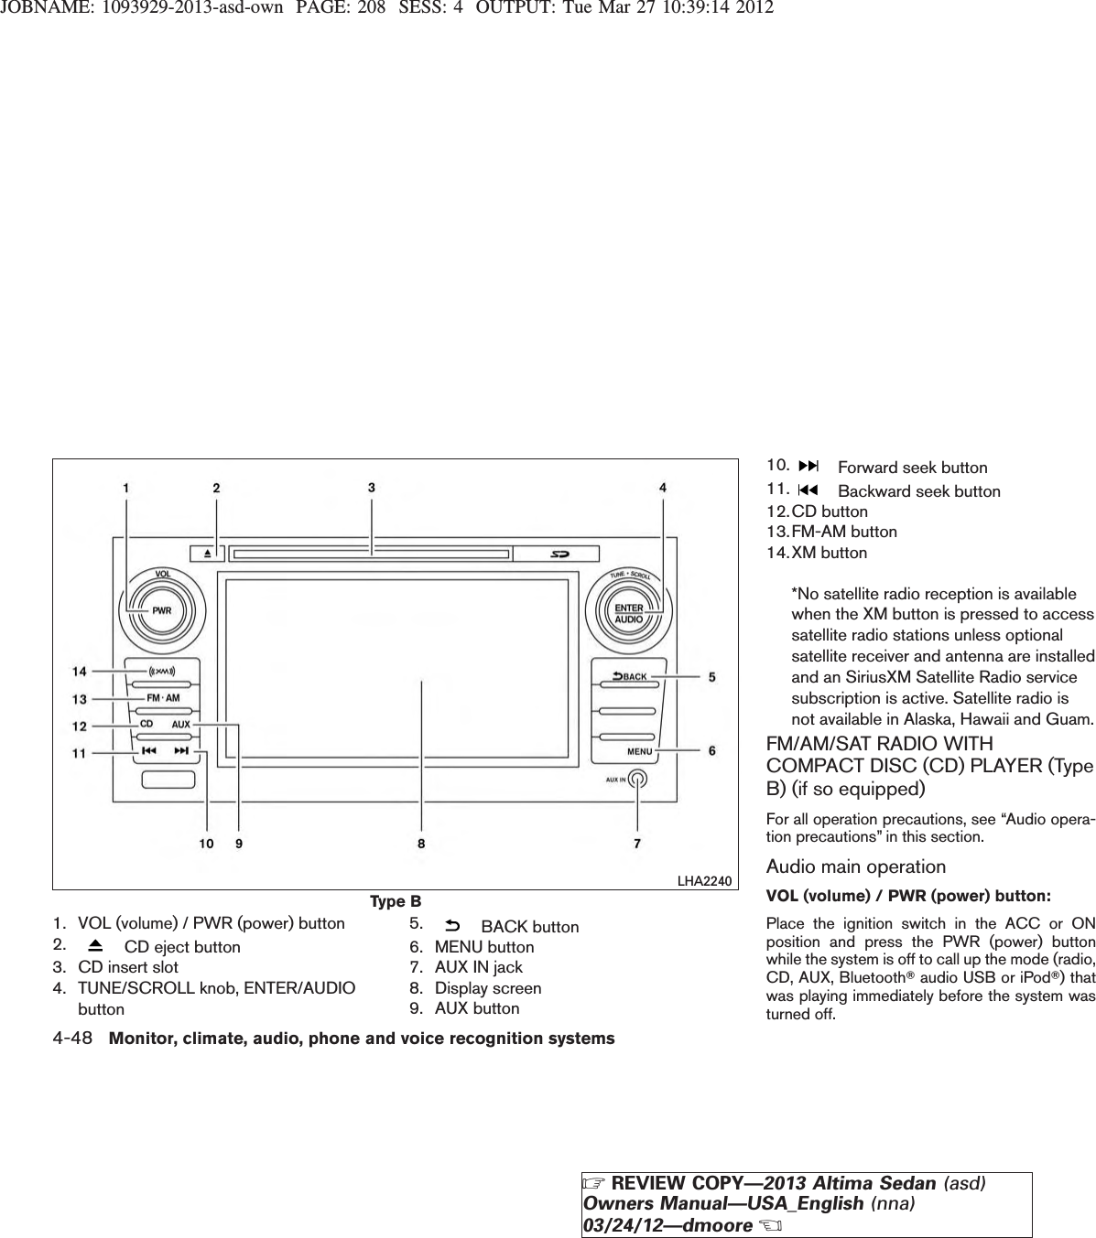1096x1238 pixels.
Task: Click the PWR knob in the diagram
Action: pyautogui.click(x=161, y=610)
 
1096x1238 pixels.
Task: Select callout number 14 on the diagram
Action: pyautogui.click(x=81, y=672)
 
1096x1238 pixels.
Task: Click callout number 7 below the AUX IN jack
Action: pyautogui.click(x=637, y=844)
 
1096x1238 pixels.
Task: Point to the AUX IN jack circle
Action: pyautogui.click(x=639, y=779)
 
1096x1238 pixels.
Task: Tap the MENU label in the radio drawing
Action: pyautogui.click(x=639, y=751)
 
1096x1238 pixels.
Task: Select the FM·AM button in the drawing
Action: pyautogui.click(x=163, y=698)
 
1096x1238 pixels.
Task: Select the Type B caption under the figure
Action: pyautogui.click(x=396, y=902)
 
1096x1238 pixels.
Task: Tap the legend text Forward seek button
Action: pyautogui.click(x=912, y=468)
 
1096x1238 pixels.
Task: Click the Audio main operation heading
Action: pyautogui.click(x=855, y=867)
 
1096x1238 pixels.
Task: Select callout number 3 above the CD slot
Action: pyautogui.click(x=371, y=488)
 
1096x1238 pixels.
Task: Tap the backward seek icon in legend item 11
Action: pyautogui.click(x=809, y=490)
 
